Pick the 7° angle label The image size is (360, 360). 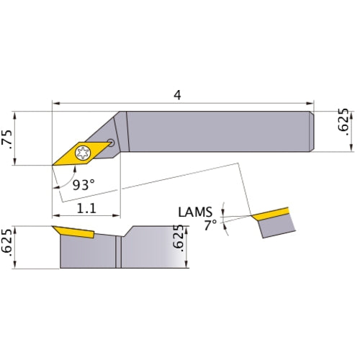(x=210, y=225)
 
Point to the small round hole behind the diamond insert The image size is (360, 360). (x=109, y=142)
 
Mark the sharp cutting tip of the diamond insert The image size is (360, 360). (x=53, y=165)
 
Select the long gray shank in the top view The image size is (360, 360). (x=216, y=130)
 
